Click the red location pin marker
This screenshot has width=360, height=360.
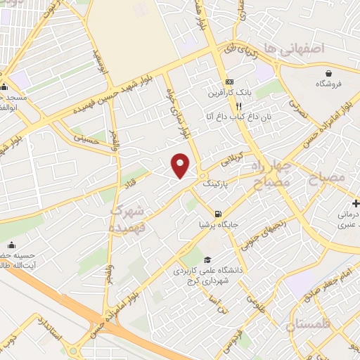pos(181,165)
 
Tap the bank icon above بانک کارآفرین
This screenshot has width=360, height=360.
pos(229,82)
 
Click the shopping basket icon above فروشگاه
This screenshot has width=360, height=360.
pos(329,73)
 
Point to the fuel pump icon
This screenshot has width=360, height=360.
pos(219,214)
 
